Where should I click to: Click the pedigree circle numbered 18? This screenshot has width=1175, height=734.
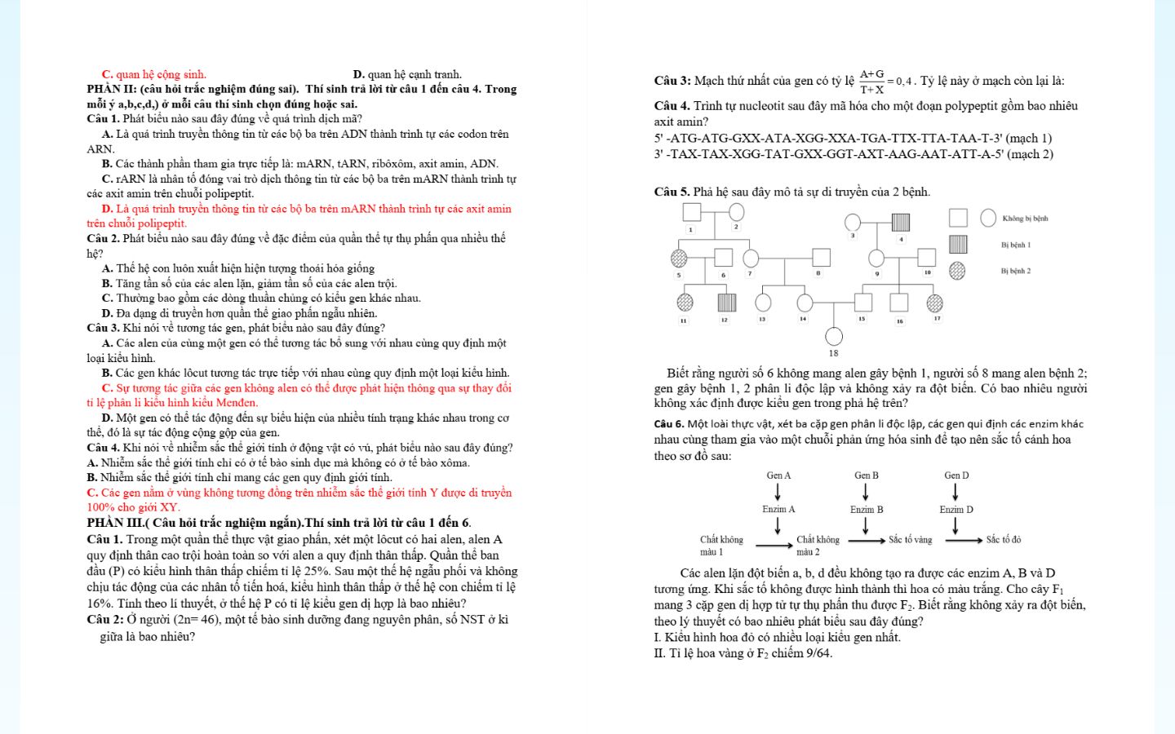pos(834,336)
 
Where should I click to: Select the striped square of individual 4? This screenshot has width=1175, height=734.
pos(901,222)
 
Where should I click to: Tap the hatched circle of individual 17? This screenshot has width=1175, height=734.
pos(935,303)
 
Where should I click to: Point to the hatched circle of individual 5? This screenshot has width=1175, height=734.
pos(679,259)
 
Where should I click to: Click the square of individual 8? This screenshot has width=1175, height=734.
pos(821,258)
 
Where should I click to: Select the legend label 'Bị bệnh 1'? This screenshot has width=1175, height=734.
pos(1016,245)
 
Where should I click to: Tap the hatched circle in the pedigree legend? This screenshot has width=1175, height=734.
pos(957,271)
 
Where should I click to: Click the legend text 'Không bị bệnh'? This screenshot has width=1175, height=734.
pos(1025,219)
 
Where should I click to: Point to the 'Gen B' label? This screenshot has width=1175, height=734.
pos(867,475)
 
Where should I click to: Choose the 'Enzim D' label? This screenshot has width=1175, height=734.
pos(956,510)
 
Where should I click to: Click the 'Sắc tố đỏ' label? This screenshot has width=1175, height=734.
pos(1004,540)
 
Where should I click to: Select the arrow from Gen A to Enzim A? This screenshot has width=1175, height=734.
pos(778,492)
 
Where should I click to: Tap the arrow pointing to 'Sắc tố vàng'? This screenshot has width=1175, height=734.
pos(867,540)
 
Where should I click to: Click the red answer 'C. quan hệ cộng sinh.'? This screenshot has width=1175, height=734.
pos(153,74)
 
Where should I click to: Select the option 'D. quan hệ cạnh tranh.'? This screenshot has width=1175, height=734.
pos(407,74)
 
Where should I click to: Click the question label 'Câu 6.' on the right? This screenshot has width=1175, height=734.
pos(669,424)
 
